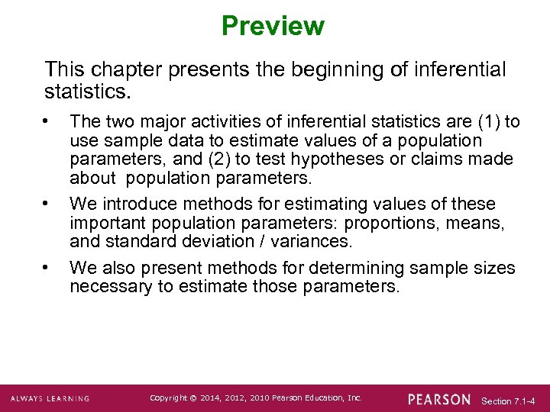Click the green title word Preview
click(x=273, y=26)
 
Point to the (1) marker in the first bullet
click(x=489, y=122)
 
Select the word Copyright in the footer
click(x=167, y=398)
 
